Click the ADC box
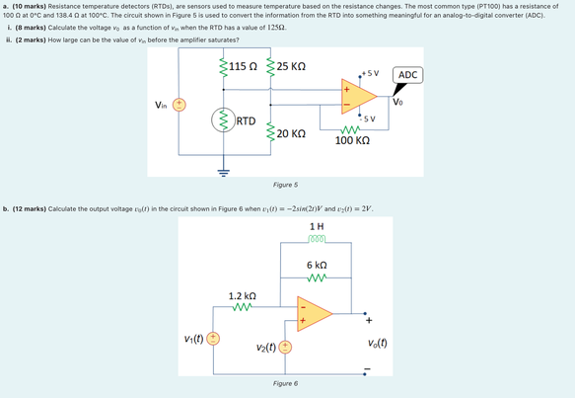[x=407, y=76]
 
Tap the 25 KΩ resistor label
[x=291, y=67]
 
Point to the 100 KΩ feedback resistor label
[x=352, y=141]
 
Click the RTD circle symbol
[x=225, y=121]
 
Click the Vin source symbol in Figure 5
[x=180, y=105]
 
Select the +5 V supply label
[x=371, y=73]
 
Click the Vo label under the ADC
[x=397, y=100]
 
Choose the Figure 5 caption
[x=286, y=185]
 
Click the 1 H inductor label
[x=316, y=227]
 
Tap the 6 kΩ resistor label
[x=317, y=266]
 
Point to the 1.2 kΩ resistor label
[x=243, y=296]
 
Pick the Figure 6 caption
[x=286, y=382]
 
